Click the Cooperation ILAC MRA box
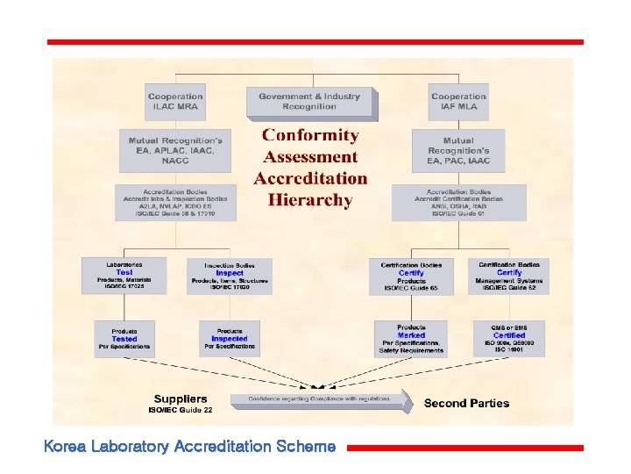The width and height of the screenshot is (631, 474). tap(175, 102)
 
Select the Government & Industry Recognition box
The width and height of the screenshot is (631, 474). tap(310, 103)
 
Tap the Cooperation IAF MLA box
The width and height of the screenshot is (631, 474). tap(458, 102)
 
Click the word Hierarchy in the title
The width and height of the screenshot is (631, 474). tap(310, 200)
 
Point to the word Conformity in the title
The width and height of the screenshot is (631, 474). tap(310, 135)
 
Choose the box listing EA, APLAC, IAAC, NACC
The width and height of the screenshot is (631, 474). tap(175, 151)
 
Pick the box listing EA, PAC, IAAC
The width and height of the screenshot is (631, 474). tap(458, 151)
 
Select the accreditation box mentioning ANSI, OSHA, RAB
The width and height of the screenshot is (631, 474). tap(458, 203)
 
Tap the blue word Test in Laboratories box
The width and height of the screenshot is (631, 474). tap(124, 272)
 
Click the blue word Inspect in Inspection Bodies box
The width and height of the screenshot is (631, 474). tap(230, 273)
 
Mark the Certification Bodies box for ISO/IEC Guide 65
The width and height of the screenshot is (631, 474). tap(411, 276)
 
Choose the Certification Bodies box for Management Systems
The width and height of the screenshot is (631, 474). tap(509, 276)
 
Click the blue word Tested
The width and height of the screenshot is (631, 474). tap(124, 339)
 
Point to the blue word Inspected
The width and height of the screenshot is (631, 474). tap(230, 339)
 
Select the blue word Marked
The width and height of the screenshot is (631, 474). tap(411, 335)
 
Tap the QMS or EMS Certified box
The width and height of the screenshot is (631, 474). tap(509, 338)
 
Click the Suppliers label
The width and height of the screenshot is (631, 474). tap(181, 399)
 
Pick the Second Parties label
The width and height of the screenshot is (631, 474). tap(466, 403)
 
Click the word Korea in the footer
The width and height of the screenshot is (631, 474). tap(64, 447)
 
